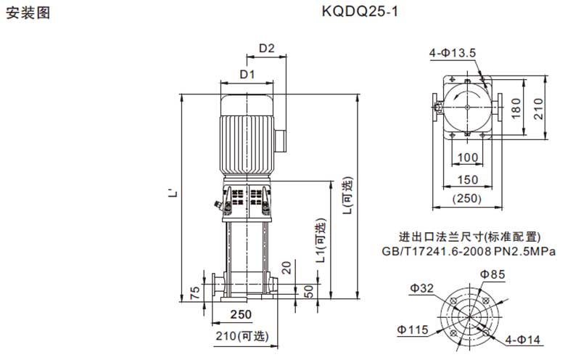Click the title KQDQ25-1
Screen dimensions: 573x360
coord(360,12)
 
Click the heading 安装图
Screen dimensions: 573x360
coord(28,13)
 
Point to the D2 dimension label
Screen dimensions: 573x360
coord(266,48)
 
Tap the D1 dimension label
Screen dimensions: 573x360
coord(247,74)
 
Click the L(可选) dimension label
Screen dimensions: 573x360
coord(347,195)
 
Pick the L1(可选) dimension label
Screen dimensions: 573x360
coord(321,241)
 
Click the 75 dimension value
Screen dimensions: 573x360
coord(196,292)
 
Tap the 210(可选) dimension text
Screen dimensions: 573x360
coord(242,336)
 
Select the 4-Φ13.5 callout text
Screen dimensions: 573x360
coord(453,53)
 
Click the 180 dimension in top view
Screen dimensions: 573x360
coord(516,108)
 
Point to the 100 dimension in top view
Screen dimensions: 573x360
coord(468,157)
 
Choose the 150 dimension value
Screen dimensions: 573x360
coord(468,179)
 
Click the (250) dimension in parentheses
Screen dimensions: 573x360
coord(467,199)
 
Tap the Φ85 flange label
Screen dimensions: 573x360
coord(492,274)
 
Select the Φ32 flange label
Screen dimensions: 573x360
coord(422,288)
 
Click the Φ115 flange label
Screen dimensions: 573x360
coord(413,330)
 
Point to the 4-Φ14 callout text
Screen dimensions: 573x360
coord(522,340)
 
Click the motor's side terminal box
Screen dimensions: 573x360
coord(281,140)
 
